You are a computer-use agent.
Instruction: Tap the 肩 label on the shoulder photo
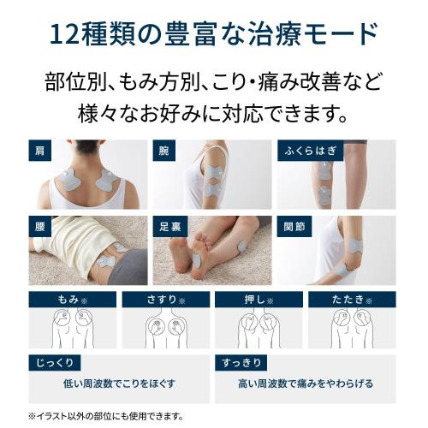(38, 151)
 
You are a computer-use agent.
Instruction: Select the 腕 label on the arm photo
(163, 151)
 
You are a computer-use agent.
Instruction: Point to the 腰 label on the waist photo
(38, 228)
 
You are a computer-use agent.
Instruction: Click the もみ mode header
(72, 300)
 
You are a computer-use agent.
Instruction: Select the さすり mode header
(164, 300)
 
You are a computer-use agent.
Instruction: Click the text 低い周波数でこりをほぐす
(116, 385)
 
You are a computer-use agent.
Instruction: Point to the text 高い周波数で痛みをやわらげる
(307, 385)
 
